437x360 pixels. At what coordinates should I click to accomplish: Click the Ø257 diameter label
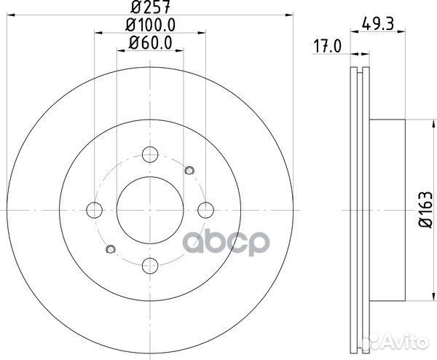tap(150, 7)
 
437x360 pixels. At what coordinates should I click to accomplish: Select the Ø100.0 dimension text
tap(150, 25)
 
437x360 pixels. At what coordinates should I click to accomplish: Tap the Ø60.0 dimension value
tap(150, 43)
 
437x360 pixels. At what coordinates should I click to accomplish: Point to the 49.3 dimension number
tap(377, 23)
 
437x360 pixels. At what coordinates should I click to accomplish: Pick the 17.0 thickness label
tap(327, 46)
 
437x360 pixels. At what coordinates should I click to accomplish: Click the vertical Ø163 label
tap(426, 209)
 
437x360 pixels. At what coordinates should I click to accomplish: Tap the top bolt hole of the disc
tap(150, 154)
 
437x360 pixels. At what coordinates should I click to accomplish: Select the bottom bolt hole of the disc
tap(150, 266)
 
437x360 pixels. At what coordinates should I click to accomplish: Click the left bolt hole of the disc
tap(95, 210)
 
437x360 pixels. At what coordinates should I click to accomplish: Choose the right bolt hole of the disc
tap(205, 210)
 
